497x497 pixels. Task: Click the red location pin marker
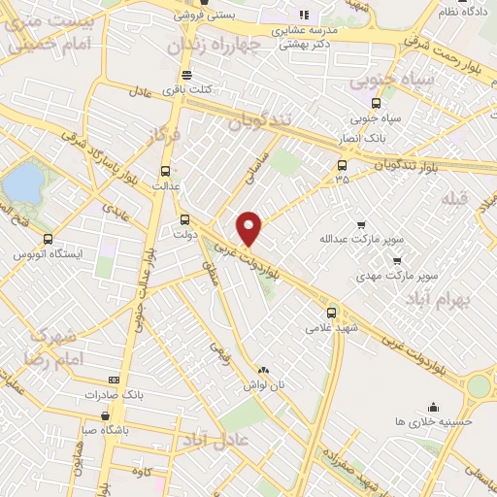pos(249,228)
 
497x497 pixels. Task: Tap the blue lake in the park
pos(26,181)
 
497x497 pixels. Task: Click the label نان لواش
pos(264,385)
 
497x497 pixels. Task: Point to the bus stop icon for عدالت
pos(164,168)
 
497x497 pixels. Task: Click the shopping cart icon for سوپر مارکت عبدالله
pos(362,223)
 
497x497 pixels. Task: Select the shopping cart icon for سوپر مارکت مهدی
pos(396,261)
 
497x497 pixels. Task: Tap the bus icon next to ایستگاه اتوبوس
pos(48,239)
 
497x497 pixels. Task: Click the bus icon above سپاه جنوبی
pos(376,104)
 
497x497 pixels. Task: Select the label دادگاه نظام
pos(460,11)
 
